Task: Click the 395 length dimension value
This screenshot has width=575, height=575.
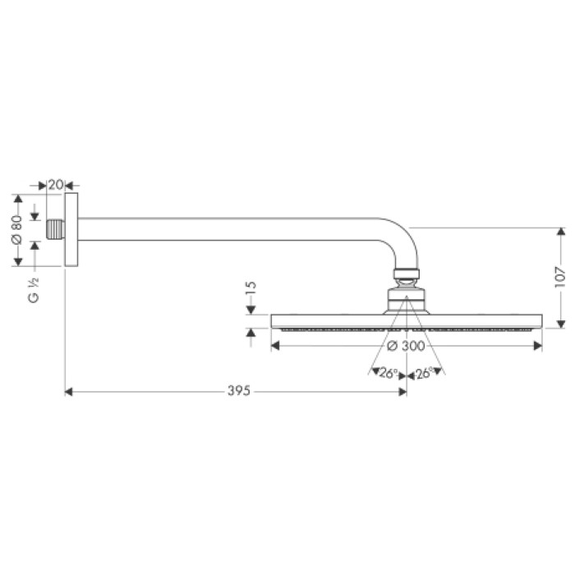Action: [236, 391]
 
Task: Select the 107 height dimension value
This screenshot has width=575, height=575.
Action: [559, 277]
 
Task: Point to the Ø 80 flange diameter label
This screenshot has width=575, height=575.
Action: [16, 230]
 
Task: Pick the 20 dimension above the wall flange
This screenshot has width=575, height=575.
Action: [56, 186]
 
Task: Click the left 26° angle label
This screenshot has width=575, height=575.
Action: [389, 372]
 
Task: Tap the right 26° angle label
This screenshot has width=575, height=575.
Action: [424, 372]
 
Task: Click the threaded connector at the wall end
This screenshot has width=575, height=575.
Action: [56, 230]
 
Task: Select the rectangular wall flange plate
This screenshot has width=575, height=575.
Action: [71, 230]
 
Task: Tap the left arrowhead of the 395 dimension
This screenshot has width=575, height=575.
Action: [69, 392]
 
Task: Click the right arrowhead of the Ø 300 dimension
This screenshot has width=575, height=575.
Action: [537, 345]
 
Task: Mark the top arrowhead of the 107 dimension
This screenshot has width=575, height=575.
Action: [559, 232]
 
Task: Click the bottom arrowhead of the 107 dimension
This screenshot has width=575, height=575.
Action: [559, 323]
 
